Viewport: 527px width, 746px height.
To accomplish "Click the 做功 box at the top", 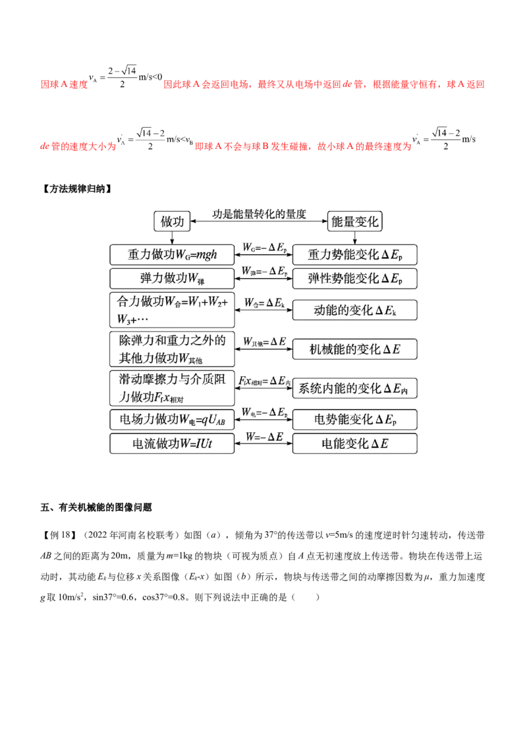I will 173,222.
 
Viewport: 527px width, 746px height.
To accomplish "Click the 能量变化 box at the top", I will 355,222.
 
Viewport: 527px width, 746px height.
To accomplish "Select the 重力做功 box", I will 172,254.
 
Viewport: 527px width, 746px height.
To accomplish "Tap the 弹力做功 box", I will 172,277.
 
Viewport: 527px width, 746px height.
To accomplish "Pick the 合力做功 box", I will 172,309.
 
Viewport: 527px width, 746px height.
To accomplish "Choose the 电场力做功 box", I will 172,419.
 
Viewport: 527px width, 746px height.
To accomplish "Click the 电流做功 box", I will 172,444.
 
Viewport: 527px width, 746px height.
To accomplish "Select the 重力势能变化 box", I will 355,254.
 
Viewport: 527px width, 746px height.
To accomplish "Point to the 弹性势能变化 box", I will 355,277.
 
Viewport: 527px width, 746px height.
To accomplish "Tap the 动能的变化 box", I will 355,309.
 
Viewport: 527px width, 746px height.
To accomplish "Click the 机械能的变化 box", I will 355,349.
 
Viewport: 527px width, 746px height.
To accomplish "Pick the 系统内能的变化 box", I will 355,387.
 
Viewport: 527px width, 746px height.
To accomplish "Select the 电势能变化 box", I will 355,419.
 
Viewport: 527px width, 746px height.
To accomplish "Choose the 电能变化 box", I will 355,444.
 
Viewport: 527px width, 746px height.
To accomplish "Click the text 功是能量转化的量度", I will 260,214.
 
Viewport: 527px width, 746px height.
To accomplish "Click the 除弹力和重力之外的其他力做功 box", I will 172,349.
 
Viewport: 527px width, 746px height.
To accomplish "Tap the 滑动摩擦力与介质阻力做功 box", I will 172,387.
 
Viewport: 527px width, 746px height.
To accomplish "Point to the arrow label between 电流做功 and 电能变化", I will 263,437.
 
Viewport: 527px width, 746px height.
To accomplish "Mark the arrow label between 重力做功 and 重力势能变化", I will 263,247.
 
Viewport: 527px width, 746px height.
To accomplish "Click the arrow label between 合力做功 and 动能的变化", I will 263,302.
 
